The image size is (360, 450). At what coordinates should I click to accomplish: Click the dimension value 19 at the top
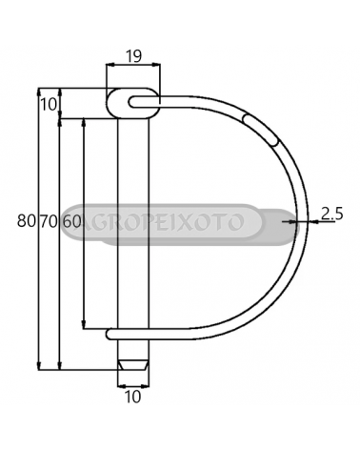pos(133,56)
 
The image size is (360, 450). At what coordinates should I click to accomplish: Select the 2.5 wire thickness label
pos(331,214)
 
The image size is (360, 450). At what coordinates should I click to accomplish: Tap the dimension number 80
pos(27,221)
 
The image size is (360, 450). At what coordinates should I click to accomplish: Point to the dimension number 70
pos(49,221)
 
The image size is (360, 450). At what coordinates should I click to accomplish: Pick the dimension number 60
pos(71,221)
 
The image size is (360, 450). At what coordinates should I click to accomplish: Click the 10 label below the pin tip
pos(132,397)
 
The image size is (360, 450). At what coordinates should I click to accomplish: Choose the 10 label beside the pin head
pos(49,104)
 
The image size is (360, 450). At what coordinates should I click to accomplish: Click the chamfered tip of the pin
pos(133,365)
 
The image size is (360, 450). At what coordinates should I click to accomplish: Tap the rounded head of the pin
pos(132,104)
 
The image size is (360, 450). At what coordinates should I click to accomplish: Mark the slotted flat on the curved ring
pos(260,130)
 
